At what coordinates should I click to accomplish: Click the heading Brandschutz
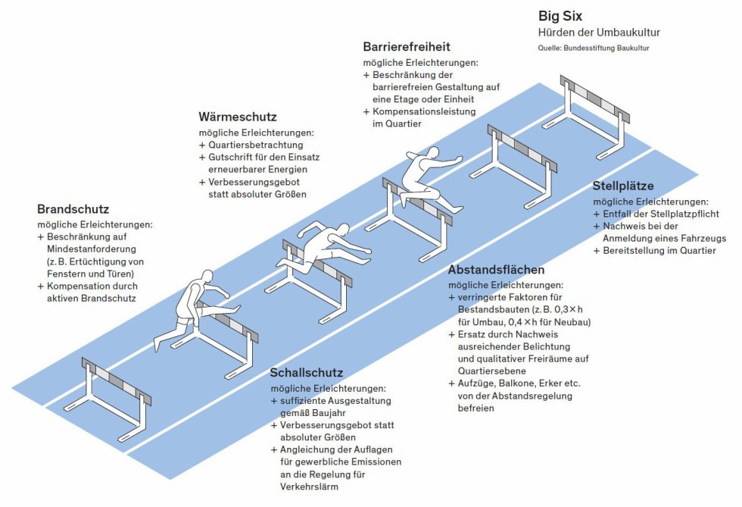pos(73,209)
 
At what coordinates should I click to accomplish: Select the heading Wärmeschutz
pos(238,117)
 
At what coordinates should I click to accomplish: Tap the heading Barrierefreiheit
pos(407,47)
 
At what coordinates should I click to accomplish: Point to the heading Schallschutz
pos(307,373)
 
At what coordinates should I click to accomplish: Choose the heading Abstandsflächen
pos(496,270)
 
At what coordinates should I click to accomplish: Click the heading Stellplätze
pos(623,186)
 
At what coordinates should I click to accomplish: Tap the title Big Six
pos(560,15)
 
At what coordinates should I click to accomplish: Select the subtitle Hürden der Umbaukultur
pos(599,33)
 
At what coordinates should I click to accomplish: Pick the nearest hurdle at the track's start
pos(114,395)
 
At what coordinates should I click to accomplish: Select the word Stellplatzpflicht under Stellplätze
pos(666,214)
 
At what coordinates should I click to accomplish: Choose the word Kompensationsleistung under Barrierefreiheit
pos(424,111)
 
